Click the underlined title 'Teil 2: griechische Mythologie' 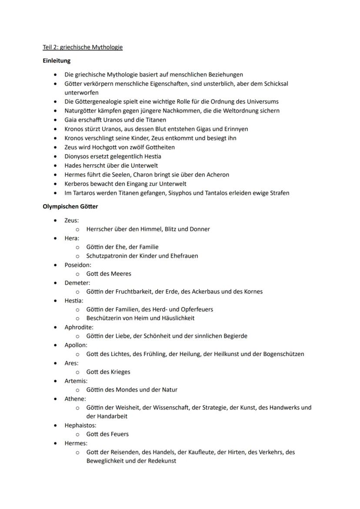click(x=83, y=47)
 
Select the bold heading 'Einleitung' click(x=57, y=61)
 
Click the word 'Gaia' click(x=71, y=120)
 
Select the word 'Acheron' click(x=217, y=174)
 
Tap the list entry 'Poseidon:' click(x=78, y=265)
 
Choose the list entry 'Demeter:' click(x=77, y=283)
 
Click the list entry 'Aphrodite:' click(x=79, y=327)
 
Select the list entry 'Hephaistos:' click(x=80, y=425)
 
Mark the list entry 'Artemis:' click(x=76, y=381)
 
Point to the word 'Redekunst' click(x=162, y=461)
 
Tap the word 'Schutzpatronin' click(x=107, y=256)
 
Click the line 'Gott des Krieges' click(x=108, y=372)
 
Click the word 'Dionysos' click(x=78, y=156)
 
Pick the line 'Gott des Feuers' click(x=107, y=434)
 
